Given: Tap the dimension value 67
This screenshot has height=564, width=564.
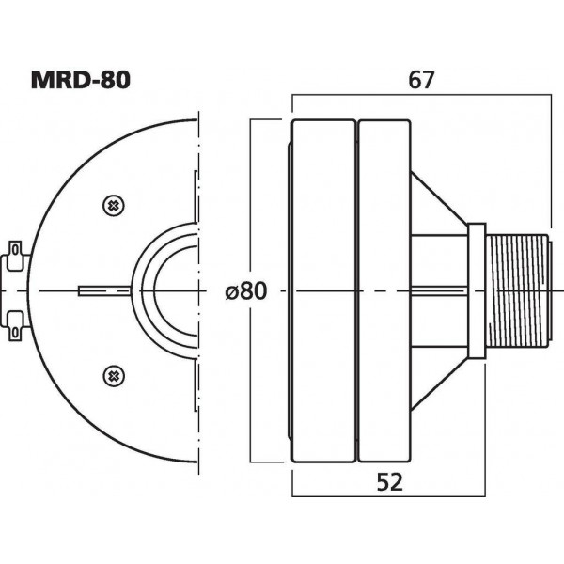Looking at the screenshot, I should (x=420, y=80).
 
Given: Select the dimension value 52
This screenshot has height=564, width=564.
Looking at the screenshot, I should (x=388, y=482).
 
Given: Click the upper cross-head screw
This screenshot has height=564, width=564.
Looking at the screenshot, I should (x=113, y=205).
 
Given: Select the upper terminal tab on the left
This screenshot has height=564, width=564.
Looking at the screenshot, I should (x=15, y=254).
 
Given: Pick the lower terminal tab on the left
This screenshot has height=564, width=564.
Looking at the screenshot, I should (x=15, y=324).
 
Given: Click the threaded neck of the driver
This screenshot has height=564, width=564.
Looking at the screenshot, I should (x=518, y=290).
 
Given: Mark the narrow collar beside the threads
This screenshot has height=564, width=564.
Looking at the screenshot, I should (x=477, y=290).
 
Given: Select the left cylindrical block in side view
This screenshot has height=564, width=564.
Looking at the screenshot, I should (x=324, y=290).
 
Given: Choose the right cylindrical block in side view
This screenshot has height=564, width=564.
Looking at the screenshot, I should (x=384, y=290).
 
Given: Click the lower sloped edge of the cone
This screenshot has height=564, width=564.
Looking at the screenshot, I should (x=438, y=383).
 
